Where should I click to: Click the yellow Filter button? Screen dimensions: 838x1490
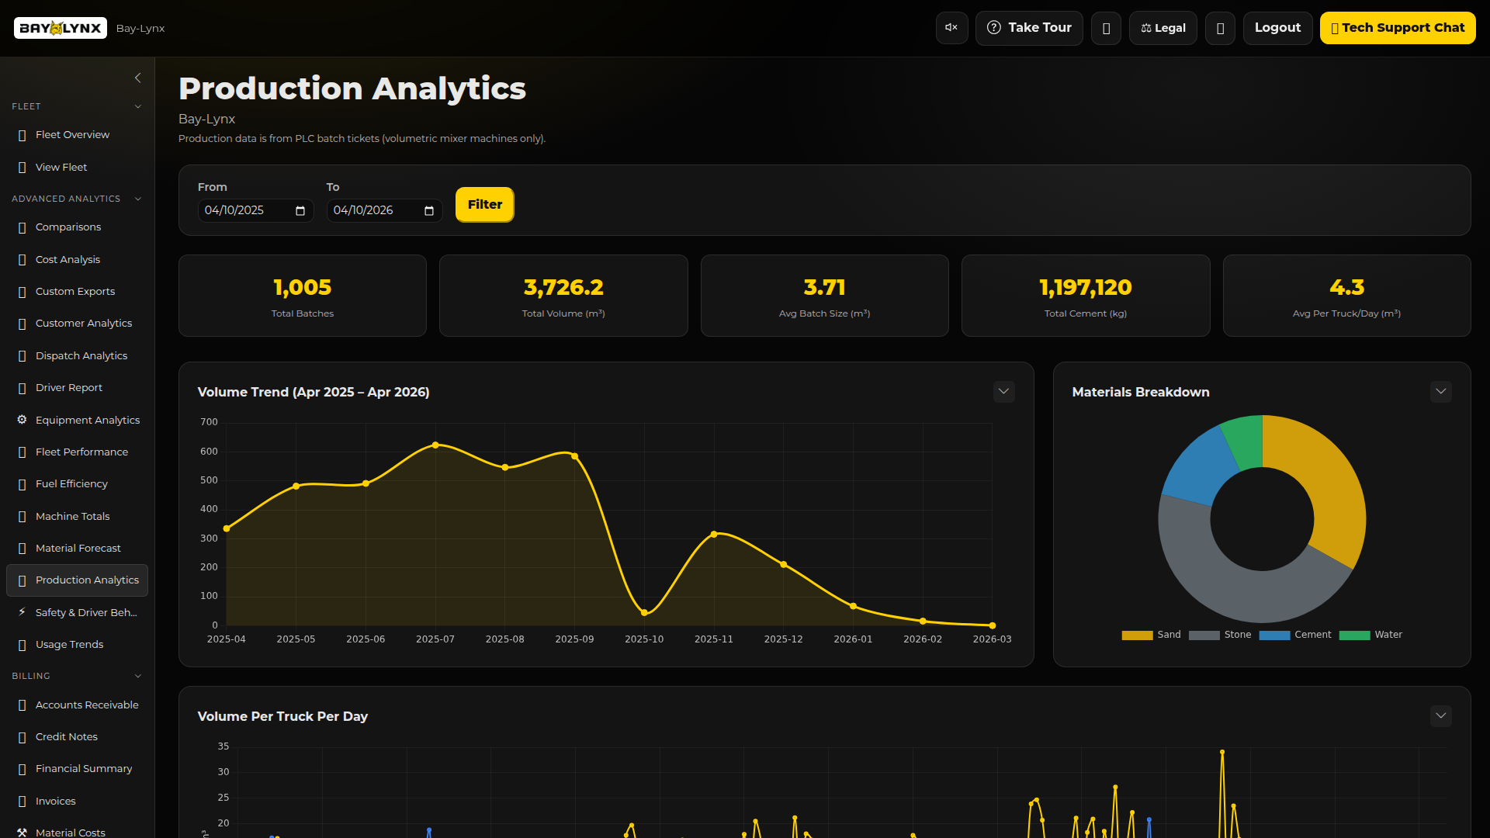(x=484, y=205)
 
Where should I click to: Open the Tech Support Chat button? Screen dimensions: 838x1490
(x=1397, y=28)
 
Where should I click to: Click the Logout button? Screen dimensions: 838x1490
(x=1277, y=28)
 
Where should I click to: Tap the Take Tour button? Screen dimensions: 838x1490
(x=1028, y=28)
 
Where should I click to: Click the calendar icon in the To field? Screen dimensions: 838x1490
(x=429, y=211)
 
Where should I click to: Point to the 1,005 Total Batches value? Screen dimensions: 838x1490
(x=302, y=287)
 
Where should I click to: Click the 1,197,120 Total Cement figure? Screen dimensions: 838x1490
(x=1085, y=287)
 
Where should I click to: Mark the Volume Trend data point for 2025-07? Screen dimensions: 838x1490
(x=435, y=445)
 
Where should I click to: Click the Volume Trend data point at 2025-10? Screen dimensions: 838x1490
(x=644, y=613)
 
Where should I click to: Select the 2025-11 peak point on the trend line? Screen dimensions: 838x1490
(x=714, y=534)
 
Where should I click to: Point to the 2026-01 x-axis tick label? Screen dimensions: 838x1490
(x=853, y=639)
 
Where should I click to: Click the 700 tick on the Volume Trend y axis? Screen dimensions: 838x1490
(x=209, y=422)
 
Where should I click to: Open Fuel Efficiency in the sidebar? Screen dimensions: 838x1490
(x=71, y=484)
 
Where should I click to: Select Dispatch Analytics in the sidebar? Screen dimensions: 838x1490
(x=81, y=356)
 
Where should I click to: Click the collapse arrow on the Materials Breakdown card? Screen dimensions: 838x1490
(x=1440, y=392)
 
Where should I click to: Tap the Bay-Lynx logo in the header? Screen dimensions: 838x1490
(x=61, y=28)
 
